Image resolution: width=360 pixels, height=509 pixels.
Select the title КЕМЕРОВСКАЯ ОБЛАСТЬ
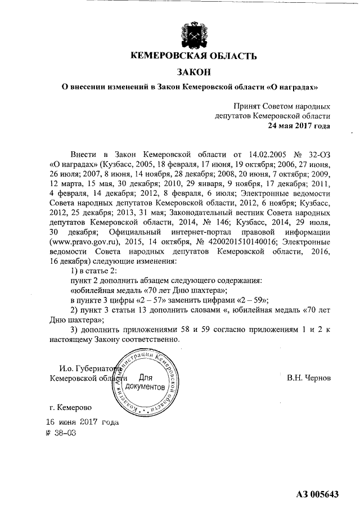193,56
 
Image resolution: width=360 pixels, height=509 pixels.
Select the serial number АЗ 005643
317,494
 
